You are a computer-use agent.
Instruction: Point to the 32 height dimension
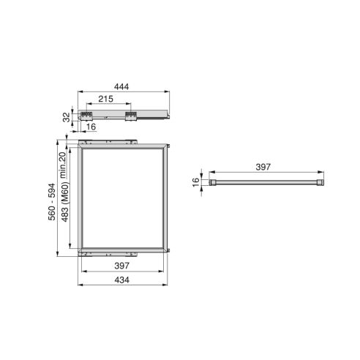[x=66, y=116]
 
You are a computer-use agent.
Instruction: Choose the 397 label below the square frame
[x=122, y=265]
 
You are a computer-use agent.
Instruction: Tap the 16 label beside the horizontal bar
[x=196, y=181]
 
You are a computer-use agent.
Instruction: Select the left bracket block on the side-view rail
[x=89, y=114]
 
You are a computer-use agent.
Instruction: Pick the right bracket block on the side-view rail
[x=134, y=114]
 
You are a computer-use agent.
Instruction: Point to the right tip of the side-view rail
[x=169, y=115]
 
